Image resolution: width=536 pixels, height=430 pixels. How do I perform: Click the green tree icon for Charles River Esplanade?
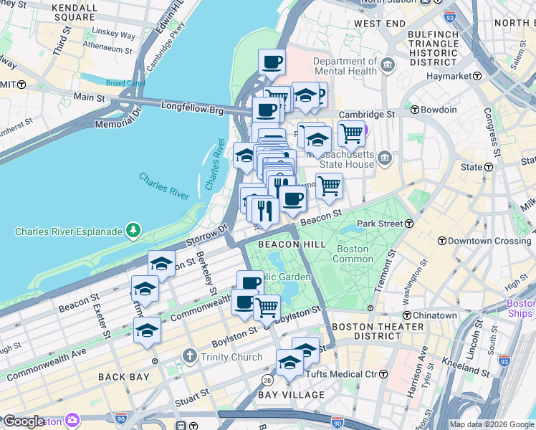tap(133, 231)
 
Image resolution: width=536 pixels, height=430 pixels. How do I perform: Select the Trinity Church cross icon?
tap(189, 356)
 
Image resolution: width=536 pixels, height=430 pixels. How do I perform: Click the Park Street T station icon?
tap(408, 224)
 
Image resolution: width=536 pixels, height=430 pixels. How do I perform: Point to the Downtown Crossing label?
tap(489, 241)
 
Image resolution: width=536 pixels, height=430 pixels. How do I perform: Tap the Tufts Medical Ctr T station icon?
tap(383, 374)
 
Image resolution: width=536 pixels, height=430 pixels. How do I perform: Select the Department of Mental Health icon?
tap(388, 66)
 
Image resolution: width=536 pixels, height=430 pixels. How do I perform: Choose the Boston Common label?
tap(353, 254)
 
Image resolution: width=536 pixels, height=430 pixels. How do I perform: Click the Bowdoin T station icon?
tap(415, 110)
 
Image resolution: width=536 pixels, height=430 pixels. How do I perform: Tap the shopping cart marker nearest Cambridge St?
tap(350, 133)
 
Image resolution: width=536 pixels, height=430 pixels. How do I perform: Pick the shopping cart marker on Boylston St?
tap(267, 307)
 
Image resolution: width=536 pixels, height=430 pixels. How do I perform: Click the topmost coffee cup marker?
tap(272, 62)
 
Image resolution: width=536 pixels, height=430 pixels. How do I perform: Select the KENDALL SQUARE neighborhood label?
tap(75, 11)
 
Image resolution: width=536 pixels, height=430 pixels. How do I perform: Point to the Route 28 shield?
tap(267, 379)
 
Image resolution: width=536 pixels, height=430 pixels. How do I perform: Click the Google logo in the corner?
tap(24, 421)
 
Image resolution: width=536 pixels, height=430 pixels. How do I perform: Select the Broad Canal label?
tap(125, 83)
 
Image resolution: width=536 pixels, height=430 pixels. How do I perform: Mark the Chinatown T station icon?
tap(406, 315)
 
